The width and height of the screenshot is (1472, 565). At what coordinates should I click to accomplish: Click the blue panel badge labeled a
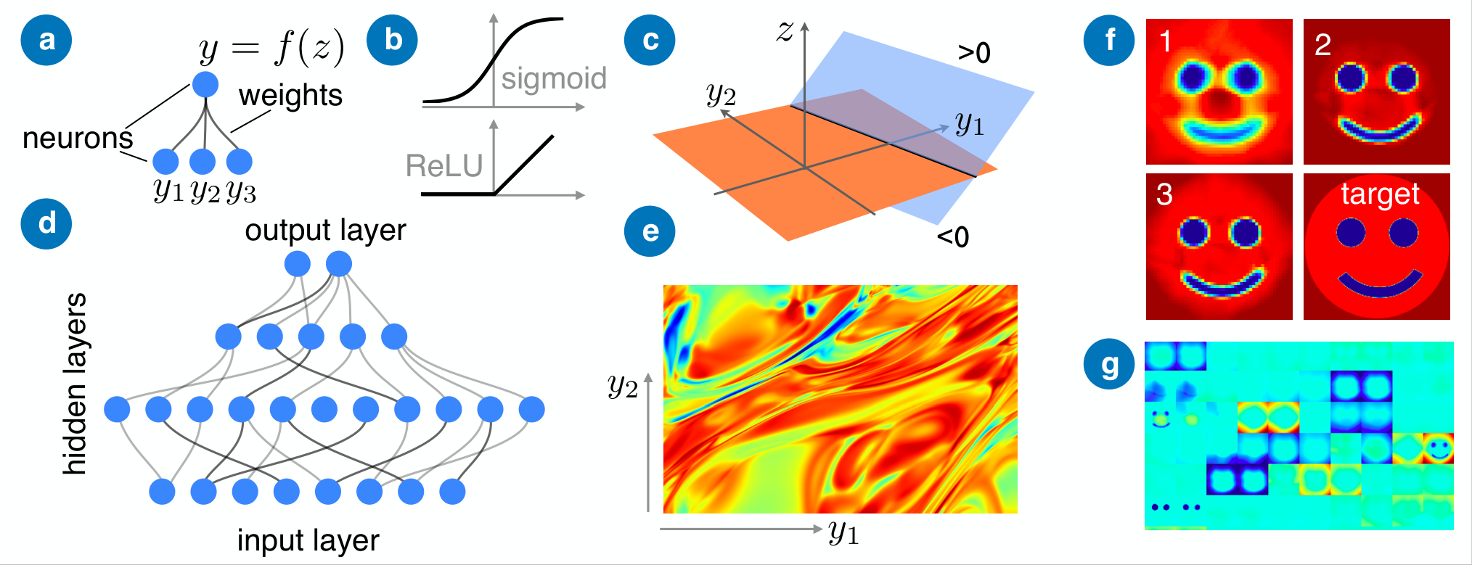tap(46, 40)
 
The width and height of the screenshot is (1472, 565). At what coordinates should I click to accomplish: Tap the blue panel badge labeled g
tap(1109, 365)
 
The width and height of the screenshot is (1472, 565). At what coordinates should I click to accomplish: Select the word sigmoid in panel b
tap(554, 78)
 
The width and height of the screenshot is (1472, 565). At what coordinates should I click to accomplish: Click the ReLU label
tap(444, 165)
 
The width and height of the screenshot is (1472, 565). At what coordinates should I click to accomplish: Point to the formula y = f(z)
tap(272, 48)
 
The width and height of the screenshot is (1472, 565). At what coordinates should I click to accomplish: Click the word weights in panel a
tap(290, 96)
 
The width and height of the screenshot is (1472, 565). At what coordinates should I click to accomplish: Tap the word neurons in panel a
tap(78, 138)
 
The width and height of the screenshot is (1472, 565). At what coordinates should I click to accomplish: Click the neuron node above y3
tap(239, 161)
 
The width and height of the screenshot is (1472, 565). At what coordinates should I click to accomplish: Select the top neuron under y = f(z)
tap(206, 84)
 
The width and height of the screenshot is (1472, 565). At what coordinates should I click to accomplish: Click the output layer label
tap(325, 231)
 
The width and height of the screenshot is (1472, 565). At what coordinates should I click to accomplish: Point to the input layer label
tap(308, 540)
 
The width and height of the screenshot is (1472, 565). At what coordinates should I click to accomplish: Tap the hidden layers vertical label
tap(75, 384)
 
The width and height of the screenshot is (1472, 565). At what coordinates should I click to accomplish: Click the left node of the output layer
tap(298, 263)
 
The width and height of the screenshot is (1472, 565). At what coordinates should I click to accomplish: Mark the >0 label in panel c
tap(974, 53)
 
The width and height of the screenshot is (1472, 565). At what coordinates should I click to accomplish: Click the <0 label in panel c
tap(953, 237)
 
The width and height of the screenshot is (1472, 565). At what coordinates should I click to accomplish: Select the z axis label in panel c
tap(785, 31)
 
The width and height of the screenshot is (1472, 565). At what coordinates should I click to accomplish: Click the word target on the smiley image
tap(1380, 194)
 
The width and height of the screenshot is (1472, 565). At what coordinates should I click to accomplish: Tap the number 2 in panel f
tap(1322, 45)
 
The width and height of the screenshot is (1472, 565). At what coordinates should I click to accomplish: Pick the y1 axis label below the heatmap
tap(844, 533)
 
